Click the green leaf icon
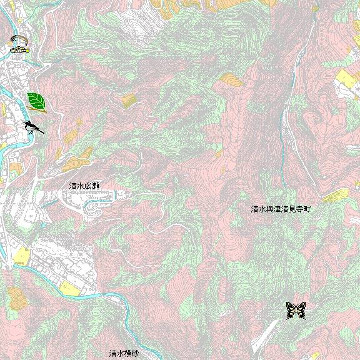[x=37, y=101]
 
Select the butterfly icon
[x=296, y=310]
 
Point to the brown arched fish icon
[x=19, y=41]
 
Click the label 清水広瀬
[x=84, y=186]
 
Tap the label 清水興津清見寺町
[x=280, y=209]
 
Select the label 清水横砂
[x=123, y=353]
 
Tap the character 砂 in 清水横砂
[x=134, y=353]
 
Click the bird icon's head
[x=27, y=123]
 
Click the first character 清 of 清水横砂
[x=112, y=353]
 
